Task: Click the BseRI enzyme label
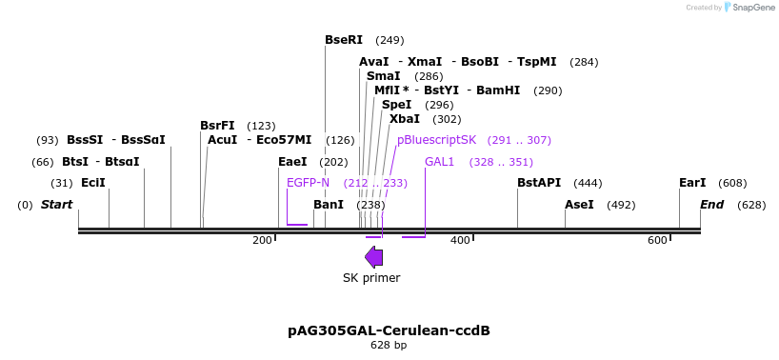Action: tap(344, 40)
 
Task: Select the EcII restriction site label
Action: tap(93, 183)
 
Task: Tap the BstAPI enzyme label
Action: tap(539, 183)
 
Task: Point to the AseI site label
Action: tap(579, 205)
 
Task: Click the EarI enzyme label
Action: tap(692, 183)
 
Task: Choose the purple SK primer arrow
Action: tap(374, 256)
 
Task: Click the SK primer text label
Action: tap(371, 278)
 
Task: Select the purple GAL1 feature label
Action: tap(440, 162)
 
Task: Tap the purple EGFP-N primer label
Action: tap(308, 183)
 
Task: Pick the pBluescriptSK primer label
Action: tap(436, 140)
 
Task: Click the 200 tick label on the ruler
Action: tap(262, 241)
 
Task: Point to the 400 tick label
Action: tap(460, 241)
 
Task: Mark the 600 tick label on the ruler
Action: tap(657, 241)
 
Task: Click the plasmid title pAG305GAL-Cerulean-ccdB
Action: tap(389, 330)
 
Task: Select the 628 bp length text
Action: tap(389, 346)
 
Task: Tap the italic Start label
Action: tap(56, 205)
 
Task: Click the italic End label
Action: tap(711, 205)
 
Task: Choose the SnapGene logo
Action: tap(749, 8)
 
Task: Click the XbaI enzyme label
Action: tap(405, 119)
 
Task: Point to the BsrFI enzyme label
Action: tap(217, 126)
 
